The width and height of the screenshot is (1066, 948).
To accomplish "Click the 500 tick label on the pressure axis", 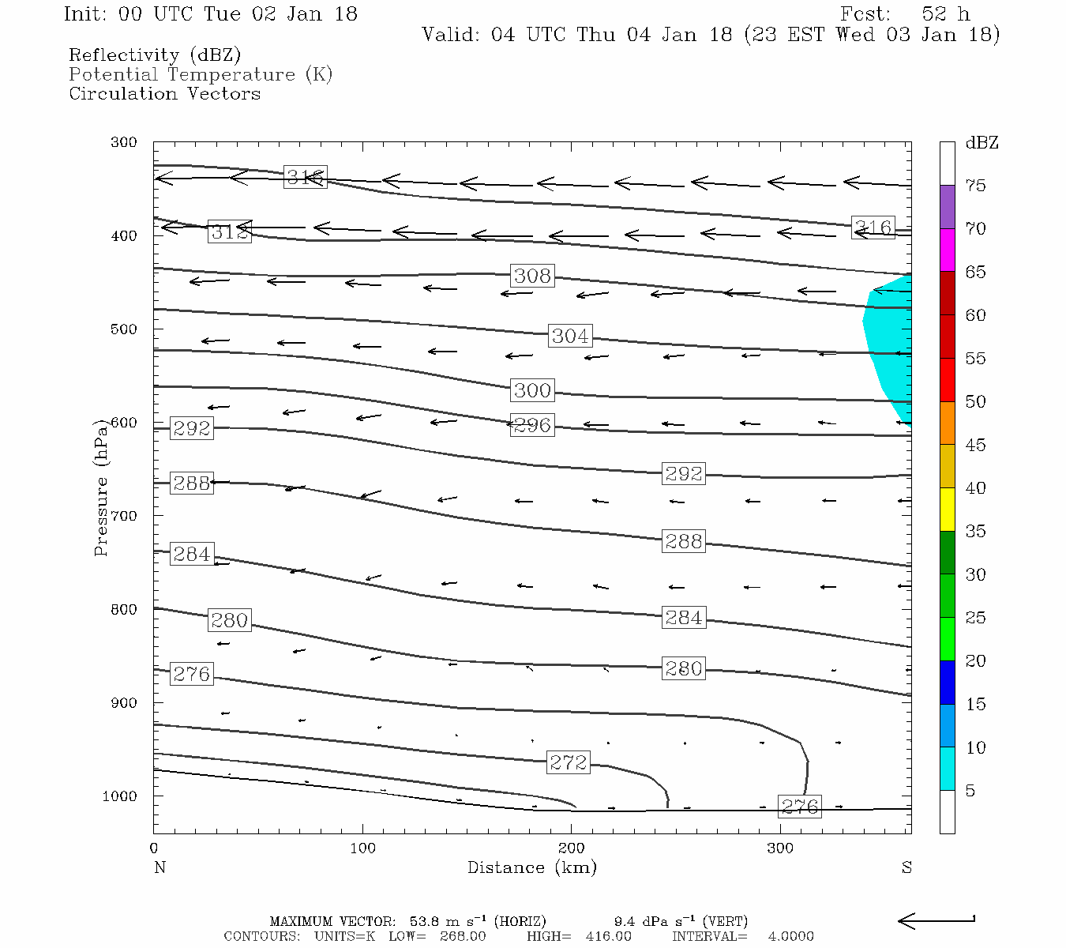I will point(124,329).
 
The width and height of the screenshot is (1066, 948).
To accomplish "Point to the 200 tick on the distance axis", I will point(572,848).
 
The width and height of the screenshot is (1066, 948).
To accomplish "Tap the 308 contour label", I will point(532,276).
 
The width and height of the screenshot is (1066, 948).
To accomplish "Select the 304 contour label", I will point(569,336).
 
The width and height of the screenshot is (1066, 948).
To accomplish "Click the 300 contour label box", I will point(532,390).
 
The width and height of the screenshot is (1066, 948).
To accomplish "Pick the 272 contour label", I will point(569,762).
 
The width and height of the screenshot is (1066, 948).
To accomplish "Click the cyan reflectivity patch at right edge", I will point(890,348).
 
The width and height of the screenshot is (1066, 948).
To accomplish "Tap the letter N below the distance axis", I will point(160,867).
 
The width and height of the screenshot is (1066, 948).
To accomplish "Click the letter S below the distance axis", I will point(906,867).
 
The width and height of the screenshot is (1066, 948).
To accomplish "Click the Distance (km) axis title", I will point(532,867).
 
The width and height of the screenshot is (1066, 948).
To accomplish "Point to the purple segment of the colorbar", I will point(947,207).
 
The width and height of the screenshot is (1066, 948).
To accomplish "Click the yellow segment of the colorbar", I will point(947,510).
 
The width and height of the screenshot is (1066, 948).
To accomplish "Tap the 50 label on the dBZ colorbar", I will point(975,402).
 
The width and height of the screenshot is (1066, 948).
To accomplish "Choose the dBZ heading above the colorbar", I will point(982,143).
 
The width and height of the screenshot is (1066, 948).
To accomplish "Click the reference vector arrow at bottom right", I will point(937,920).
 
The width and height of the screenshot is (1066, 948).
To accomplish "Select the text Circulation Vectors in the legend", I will point(164,93).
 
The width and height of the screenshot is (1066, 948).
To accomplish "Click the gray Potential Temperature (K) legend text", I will point(201,74).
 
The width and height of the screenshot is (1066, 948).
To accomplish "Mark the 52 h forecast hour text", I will point(945,14).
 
